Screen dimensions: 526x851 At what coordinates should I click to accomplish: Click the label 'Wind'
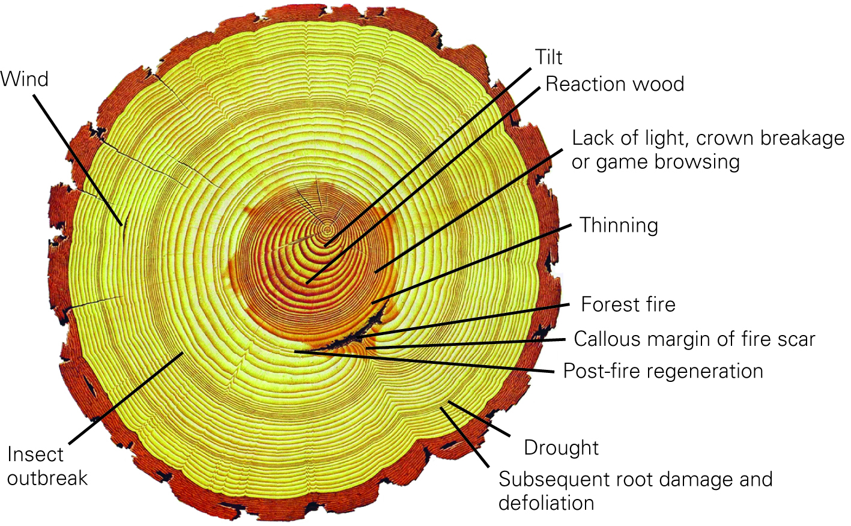(24, 79)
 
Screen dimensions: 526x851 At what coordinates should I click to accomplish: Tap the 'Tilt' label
(548, 58)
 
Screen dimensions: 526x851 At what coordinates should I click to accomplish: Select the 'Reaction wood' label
(614, 84)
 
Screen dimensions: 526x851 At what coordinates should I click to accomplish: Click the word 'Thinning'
(619, 225)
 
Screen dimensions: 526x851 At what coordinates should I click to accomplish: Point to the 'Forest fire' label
(628, 304)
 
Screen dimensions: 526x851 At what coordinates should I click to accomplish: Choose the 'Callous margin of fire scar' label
(694, 339)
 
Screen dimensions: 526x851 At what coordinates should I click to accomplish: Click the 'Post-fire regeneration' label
(663, 371)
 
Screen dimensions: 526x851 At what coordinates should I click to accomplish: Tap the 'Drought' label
(561, 448)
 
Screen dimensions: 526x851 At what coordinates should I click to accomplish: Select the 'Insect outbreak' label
(47, 467)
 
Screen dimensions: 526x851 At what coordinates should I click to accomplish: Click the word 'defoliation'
(546, 503)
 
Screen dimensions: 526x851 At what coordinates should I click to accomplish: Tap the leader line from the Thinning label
(474, 263)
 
